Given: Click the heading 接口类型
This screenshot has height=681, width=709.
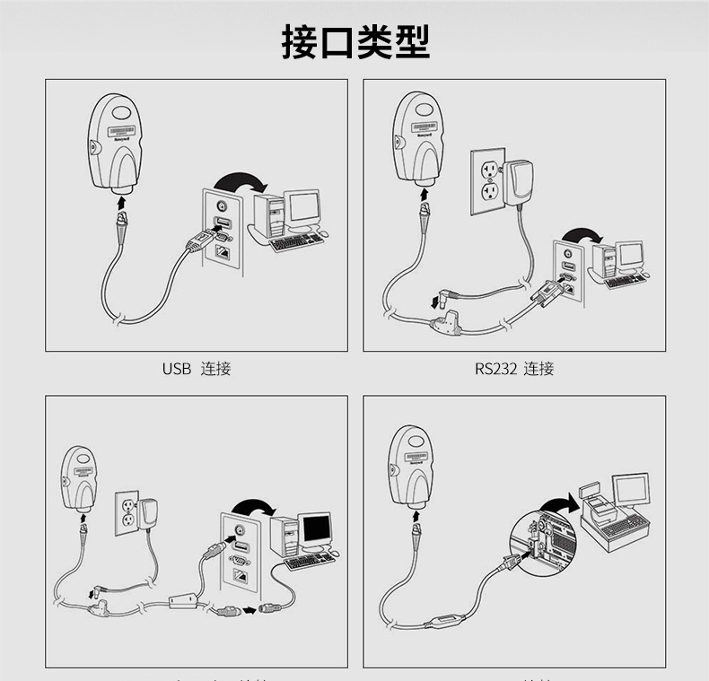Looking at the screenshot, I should (355, 42).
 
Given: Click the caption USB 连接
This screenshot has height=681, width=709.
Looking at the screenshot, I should (197, 368).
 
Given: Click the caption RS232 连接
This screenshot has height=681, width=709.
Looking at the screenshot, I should (514, 368).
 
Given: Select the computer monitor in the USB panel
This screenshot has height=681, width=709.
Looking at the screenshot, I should (302, 207).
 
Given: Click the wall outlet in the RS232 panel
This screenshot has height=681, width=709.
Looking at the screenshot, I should (489, 182).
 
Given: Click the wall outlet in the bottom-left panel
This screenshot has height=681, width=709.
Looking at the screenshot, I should (129, 513).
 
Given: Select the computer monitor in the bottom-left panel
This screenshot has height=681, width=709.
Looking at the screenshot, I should (315, 529).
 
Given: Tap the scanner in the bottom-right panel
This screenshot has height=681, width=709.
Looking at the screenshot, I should (413, 467).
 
